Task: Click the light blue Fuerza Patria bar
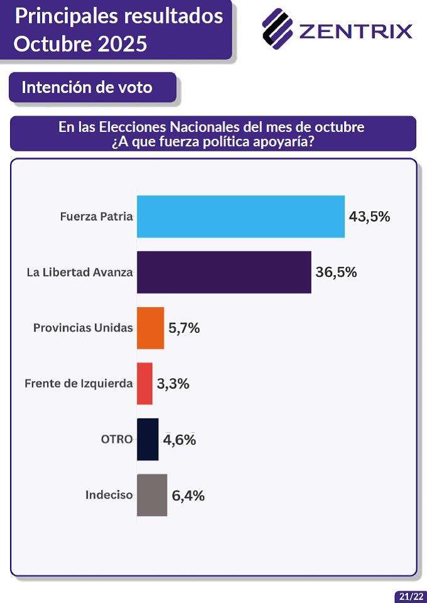tap(241, 217)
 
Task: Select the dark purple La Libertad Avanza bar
tap(224, 272)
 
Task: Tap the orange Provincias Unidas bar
tap(151, 328)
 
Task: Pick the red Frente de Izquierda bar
tap(145, 383)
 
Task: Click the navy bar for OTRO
tap(148, 439)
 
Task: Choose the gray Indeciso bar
tap(152, 495)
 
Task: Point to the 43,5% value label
tap(370, 217)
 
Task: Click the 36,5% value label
tap(336, 272)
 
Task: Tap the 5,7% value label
tap(184, 328)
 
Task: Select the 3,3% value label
tap(173, 384)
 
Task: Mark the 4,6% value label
tap(180, 440)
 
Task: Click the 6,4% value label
tap(188, 496)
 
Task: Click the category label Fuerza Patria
tap(97, 217)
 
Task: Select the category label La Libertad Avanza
tap(80, 273)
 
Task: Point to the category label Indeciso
tap(109, 495)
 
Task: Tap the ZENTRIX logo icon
tap(278, 28)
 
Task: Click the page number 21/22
tap(410, 596)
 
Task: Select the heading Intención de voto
tap(87, 87)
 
